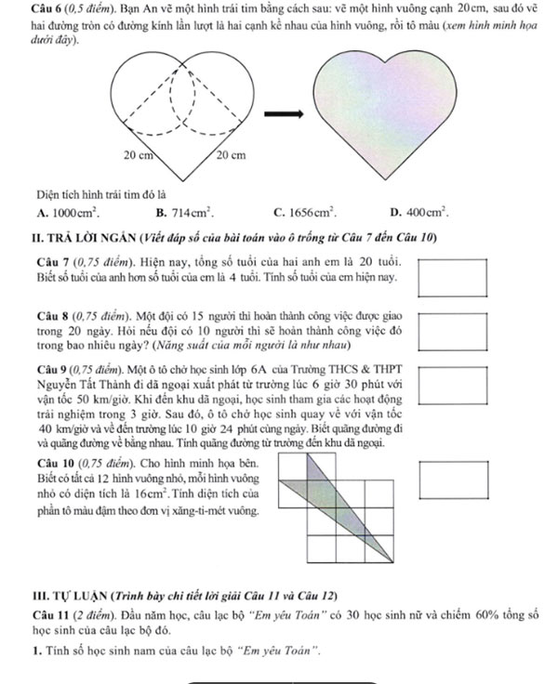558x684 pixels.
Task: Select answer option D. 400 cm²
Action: pos(421,212)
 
